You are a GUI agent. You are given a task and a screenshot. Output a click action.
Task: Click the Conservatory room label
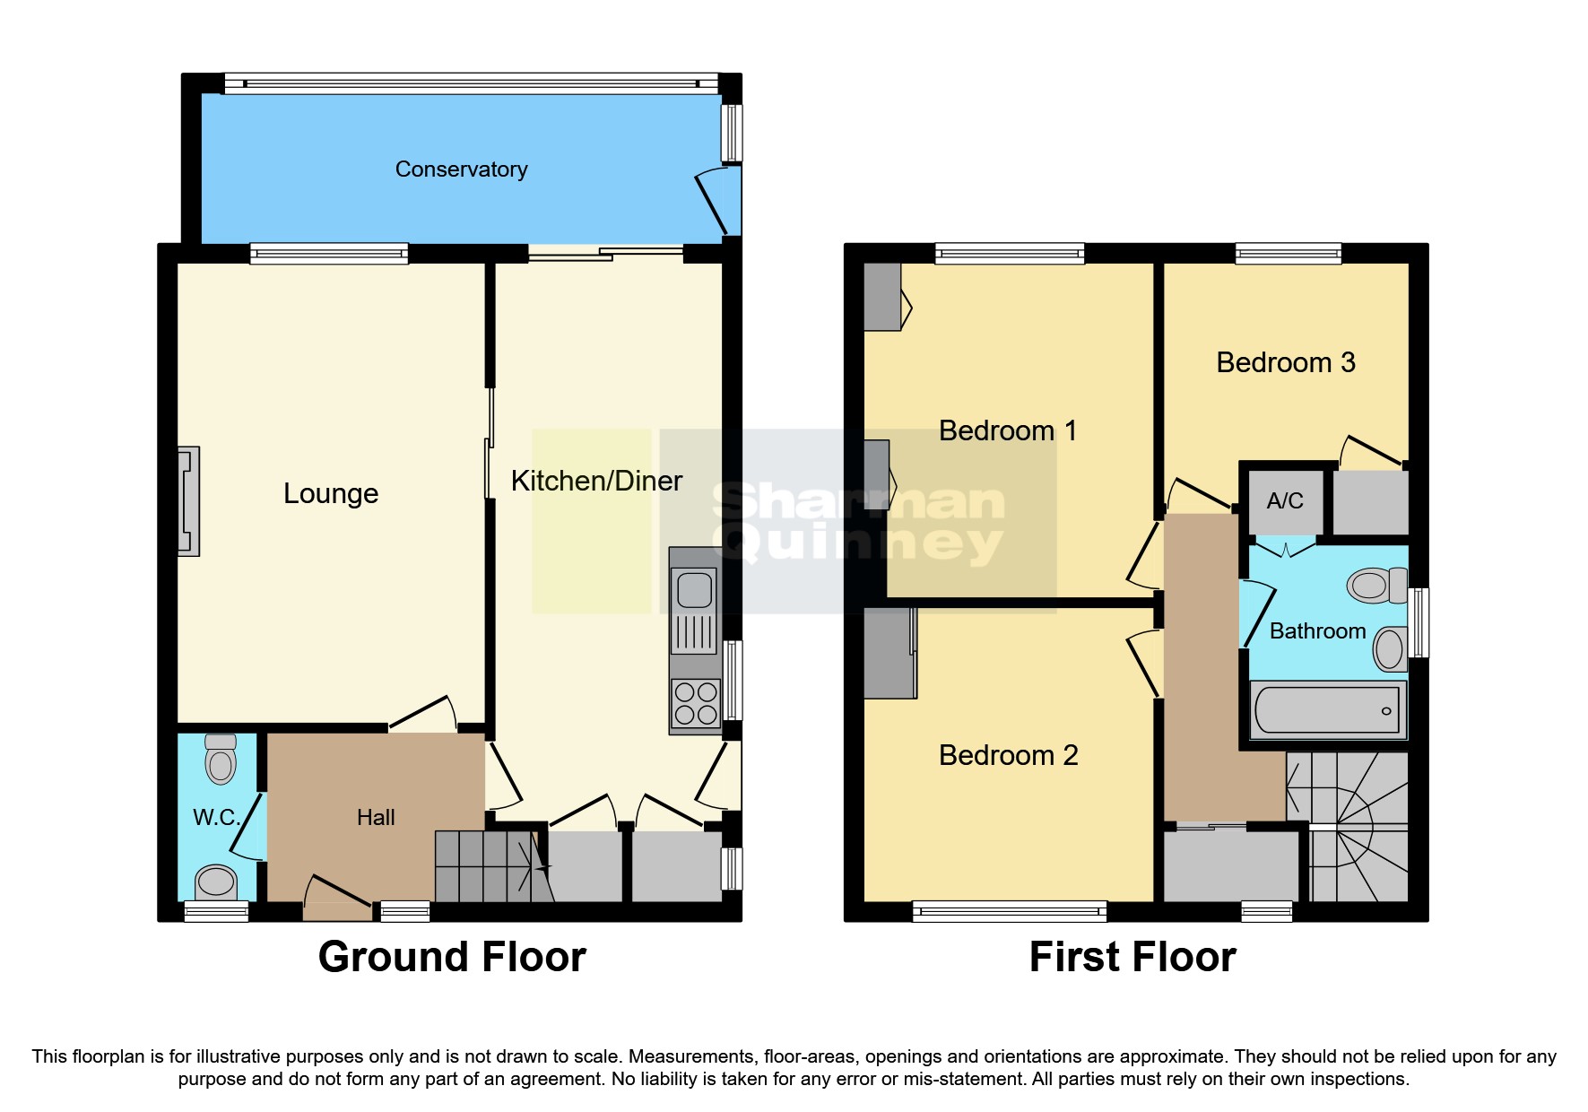click(461, 169)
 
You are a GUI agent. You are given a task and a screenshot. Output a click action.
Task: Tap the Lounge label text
click(331, 493)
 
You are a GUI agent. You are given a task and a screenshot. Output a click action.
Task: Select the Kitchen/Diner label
click(596, 482)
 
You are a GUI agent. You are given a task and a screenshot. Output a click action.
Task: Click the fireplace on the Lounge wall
click(188, 501)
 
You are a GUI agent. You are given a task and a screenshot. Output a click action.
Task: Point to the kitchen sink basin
click(694, 590)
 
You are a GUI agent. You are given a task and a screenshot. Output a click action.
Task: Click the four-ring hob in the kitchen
click(696, 703)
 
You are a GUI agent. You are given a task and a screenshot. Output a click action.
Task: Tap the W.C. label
click(216, 817)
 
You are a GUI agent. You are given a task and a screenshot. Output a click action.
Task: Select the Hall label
click(376, 817)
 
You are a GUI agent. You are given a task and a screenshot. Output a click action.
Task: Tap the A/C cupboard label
click(1285, 501)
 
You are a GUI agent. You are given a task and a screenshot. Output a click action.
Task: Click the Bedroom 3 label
click(1285, 363)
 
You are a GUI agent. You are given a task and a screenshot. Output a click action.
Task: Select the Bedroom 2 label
click(1008, 755)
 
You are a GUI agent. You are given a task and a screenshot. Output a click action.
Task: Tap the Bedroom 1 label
click(1007, 431)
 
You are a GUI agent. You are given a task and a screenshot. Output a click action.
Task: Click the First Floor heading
click(1132, 957)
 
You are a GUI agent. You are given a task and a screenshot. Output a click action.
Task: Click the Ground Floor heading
click(452, 957)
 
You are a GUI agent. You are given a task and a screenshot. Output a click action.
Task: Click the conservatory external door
click(715, 203)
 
